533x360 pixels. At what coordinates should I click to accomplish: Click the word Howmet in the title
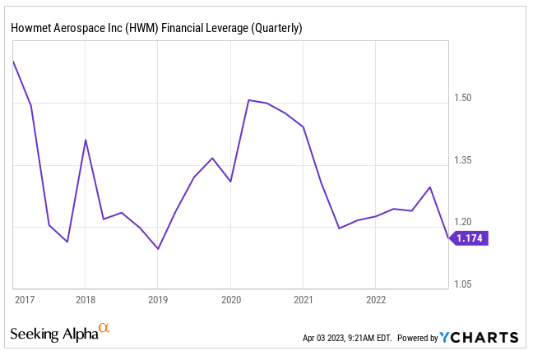coord(30,28)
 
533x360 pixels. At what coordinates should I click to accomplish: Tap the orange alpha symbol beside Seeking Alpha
coord(104,329)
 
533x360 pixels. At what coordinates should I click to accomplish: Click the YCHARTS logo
coord(479,337)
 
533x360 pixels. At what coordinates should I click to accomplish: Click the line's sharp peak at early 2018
coord(85,140)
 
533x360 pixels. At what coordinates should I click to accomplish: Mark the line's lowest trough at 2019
coord(158,248)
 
